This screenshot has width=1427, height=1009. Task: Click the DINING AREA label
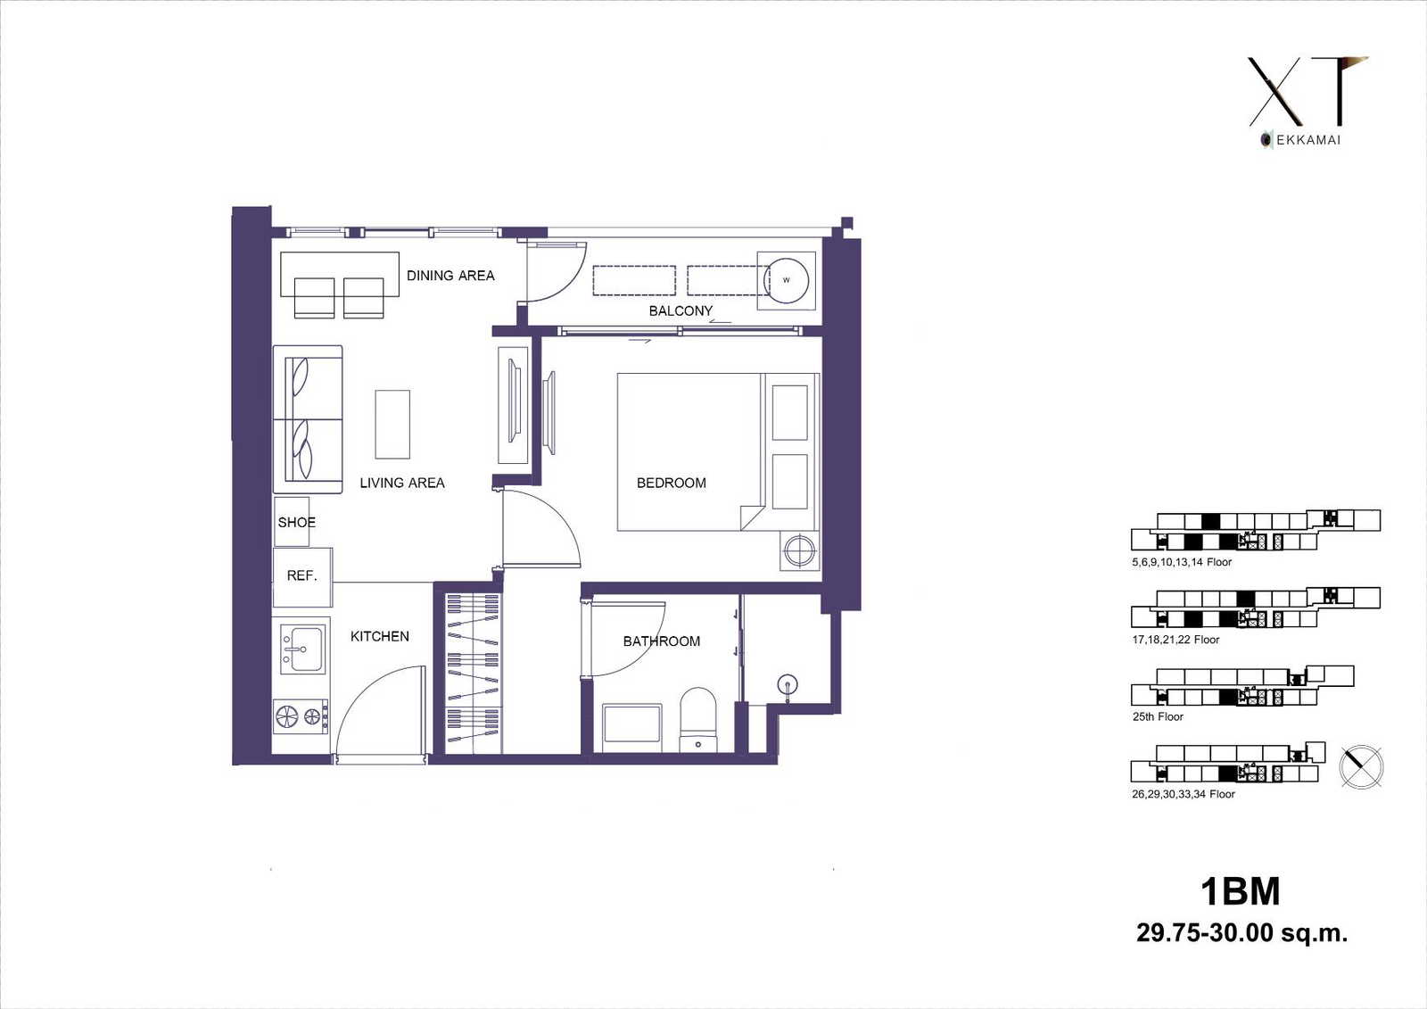point(450,276)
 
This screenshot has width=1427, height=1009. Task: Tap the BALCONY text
point(681,311)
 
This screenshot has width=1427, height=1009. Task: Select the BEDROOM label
point(672,484)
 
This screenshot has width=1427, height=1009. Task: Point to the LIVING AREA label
point(402,484)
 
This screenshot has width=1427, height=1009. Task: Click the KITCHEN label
point(380,636)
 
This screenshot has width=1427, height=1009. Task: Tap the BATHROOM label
point(661,641)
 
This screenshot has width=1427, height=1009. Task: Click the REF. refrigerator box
point(302,577)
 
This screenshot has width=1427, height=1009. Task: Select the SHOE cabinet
point(292,522)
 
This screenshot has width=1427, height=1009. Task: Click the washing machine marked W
point(786,280)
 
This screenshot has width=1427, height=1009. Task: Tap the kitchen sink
point(303,649)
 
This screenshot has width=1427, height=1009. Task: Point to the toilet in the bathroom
point(698,720)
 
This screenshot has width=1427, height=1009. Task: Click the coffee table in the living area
point(392,425)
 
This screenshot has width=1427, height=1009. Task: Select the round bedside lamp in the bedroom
point(799,550)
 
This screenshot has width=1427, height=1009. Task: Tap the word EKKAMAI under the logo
point(1308,140)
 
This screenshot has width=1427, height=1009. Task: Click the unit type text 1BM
point(1241,892)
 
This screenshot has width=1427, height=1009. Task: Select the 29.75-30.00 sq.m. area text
point(1242,933)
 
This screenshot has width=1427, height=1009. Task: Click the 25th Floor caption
point(1158,716)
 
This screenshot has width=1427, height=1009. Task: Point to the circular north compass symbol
point(1361,766)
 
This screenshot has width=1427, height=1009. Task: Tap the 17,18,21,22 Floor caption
point(1175,640)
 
